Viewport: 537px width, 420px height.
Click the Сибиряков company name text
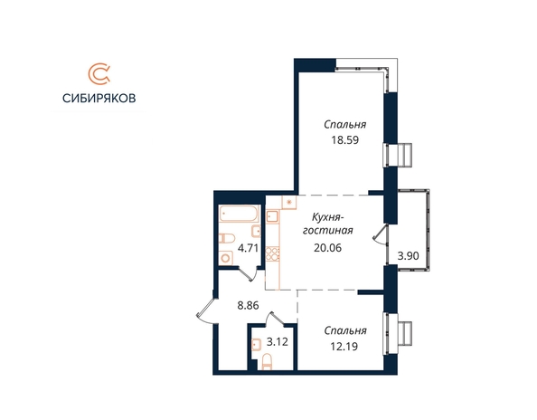99,98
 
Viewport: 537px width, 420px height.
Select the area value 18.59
344,140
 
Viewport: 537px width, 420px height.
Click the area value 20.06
328,247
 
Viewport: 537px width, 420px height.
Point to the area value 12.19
344,347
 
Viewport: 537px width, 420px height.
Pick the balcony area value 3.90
408,256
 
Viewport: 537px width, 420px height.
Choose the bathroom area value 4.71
248,248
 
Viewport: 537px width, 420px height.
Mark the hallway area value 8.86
248,305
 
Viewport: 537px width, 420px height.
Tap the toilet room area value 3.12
277,342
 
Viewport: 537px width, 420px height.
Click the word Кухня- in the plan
328,216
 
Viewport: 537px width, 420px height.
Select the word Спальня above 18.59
344,124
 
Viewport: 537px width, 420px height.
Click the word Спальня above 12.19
345,330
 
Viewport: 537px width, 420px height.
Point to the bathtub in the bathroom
239,214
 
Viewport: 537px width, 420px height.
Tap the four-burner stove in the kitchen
273,254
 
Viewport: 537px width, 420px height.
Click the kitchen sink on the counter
273,216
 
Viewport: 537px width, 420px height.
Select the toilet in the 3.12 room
267,362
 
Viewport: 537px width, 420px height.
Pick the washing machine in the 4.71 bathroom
225,258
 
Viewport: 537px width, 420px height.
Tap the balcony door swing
380,236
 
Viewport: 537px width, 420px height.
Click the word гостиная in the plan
328,230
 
